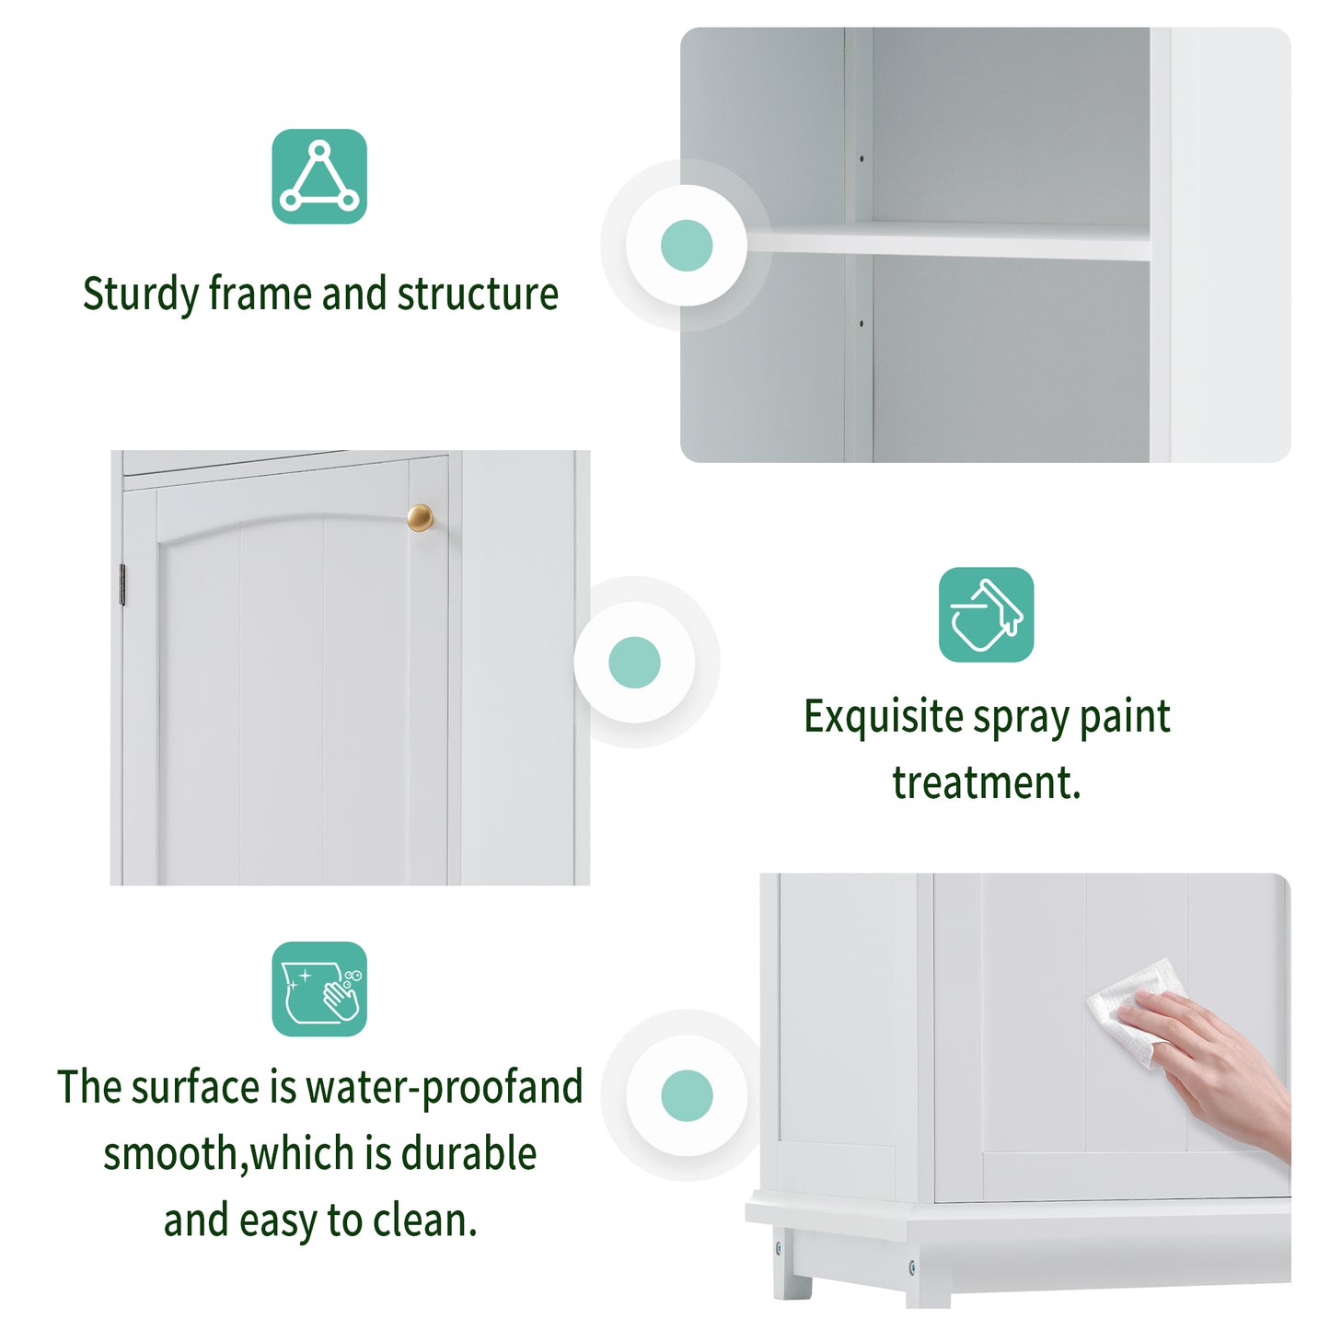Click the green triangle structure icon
pyautogui.click(x=319, y=176)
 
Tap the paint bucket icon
pyautogui.click(x=986, y=614)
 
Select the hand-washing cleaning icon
pyautogui.click(x=319, y=989)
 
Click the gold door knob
pyautogui.click(x=420, y=517)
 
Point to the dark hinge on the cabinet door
pyautogui.click(x=122, y=584)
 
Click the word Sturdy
pyautogui.click(x=141, y=295)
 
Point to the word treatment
pyautogui.click(x=986, y=783)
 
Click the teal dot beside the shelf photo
pyautogui.click(x=687, y=246)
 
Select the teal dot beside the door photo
pyautogui.click(x=634, y=662)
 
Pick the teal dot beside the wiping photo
pyautogui.click(x=687, y=1095)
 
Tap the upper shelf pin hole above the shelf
pyautogui.click(x=862, y=159)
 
